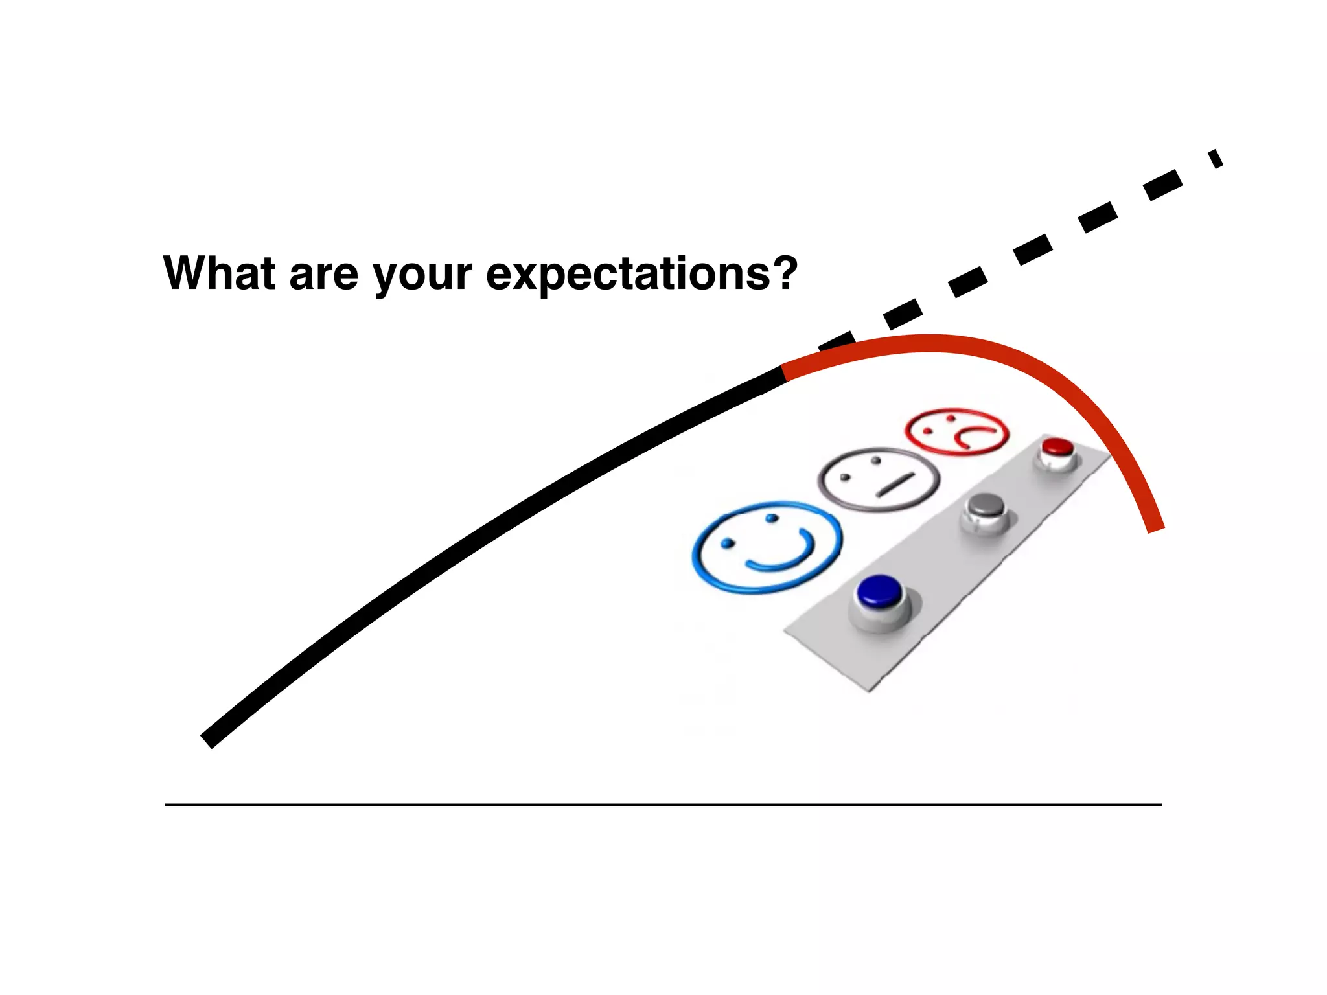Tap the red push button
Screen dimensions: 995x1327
[x=1057, y=447]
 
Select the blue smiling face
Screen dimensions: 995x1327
[x=767, y=547]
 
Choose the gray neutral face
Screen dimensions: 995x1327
[x=879, y=479]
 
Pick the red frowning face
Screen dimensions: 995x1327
[x=956, y=431]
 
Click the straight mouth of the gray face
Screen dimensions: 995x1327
[x=895, y=485]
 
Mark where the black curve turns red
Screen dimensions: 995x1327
[x=784, y=372]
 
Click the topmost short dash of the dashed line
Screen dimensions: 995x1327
[x=1216, y=159]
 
